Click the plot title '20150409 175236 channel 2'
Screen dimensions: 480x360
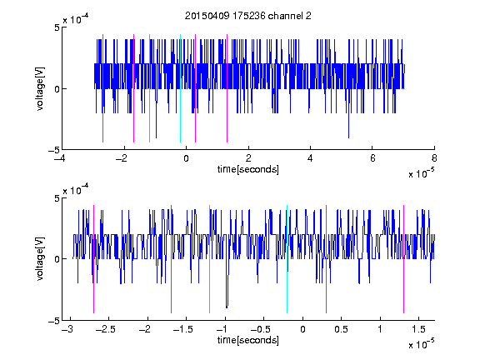(x=248, y=16)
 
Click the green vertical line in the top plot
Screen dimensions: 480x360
(x=149, y=88)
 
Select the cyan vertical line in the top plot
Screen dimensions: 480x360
(x=180, y=88)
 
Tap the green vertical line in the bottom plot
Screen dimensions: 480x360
(x=209, y=259)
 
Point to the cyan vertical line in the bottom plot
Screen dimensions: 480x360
(x=287, y=259)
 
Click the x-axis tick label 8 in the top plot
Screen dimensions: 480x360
(x=434, y=158)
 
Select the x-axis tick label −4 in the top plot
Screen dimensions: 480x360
(x=60, y=158)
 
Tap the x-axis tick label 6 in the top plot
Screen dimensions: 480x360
(x=372, y=158)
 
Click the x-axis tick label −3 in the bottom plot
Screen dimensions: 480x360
(x=67, y=329)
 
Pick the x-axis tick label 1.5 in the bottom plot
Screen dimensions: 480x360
(x=418, y=329)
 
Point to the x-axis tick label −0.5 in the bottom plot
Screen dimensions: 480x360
(x=261, y=329)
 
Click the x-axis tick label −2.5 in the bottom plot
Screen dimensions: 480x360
(x=106, y=329)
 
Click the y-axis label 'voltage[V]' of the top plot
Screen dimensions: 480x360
(x=40, y=89)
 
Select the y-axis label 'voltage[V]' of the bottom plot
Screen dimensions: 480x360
(x=40, y=259)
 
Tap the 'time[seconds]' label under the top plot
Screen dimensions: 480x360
(x=248, y=169)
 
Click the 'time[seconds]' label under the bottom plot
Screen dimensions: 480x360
(x=248, y=340)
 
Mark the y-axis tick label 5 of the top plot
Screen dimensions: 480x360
(x=57, y=27)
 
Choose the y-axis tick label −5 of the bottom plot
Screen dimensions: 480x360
(x=54, y=321)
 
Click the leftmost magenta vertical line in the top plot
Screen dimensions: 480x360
(x=102, y=88)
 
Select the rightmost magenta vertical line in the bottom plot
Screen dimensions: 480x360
(x=403, y=259)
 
